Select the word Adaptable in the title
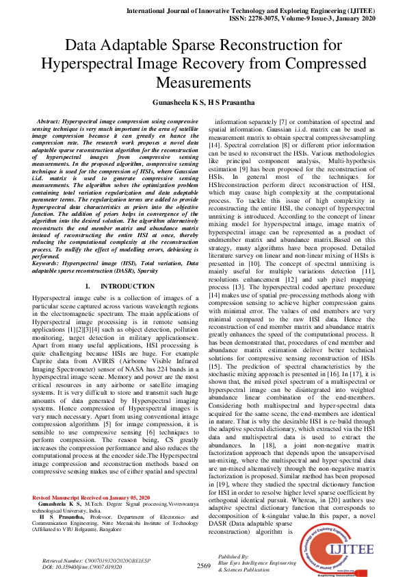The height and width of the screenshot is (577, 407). tap(127, 46)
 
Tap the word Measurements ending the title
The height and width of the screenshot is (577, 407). tap(203, 82)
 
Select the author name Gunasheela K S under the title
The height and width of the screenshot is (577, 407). tap(177, 101)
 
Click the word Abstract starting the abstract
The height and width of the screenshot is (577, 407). tap(55, 121)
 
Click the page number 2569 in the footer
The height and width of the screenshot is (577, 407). tap(203, 565)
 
